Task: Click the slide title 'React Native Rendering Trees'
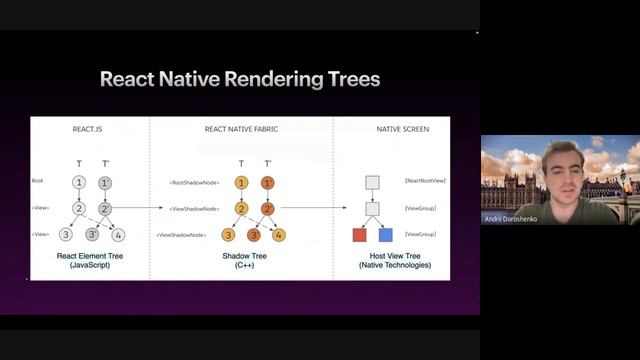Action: (x=240, y=79)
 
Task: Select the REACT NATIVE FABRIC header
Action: (x=240, y=129)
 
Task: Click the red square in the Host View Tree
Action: (x=360, y=235)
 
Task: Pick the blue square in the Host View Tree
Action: (x=385, y=235)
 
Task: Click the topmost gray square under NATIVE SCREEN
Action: (x=372, y=182)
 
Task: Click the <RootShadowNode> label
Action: (x=192, y=183)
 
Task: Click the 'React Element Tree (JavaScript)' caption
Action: (x=90, y=260)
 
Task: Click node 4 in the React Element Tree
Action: (x=118, y=235)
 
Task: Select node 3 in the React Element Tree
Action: (x=66, y=235)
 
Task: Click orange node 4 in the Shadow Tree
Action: (x=279, y=235)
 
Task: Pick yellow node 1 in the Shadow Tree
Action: (x=241, y=183)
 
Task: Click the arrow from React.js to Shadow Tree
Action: (x=140, y=208)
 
